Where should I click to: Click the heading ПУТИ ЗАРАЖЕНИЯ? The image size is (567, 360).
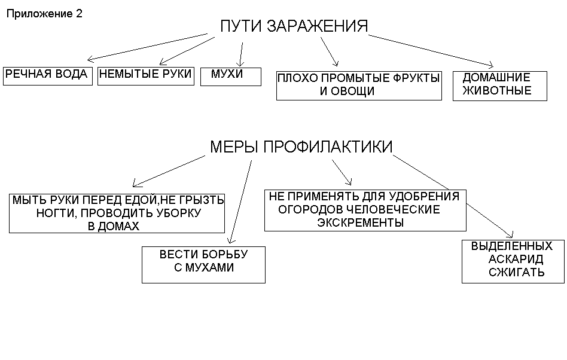(x=294, y=26)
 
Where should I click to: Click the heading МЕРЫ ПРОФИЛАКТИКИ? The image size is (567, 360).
(x=301, y=147)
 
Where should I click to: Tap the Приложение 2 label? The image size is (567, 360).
(x=44, y=14)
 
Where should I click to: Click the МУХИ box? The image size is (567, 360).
(x=230, y=76)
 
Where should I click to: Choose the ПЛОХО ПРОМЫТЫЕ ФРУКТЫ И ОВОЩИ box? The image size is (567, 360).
(x=359, y=85)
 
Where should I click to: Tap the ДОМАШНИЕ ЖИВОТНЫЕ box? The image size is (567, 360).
(x=499, y=85)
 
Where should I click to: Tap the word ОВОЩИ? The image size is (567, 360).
(x=356, y=91)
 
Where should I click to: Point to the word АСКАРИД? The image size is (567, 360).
(x=516, y=260)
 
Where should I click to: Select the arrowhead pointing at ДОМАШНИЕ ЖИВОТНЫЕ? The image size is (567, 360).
(x=492, y=65)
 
